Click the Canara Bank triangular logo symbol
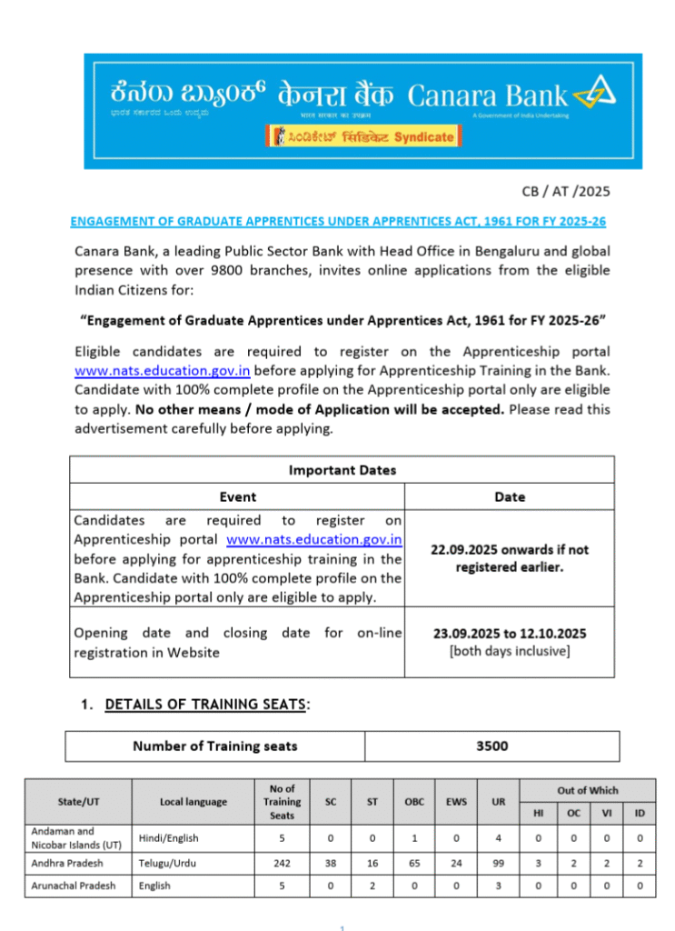click(594, 93)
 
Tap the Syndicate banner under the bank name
click(361, 136)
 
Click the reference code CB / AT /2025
click(565, 191)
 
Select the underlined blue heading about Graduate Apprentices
click(338, 221)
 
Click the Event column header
click(238, 496)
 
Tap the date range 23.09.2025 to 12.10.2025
click(510, 634)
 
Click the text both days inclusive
click(510, 651)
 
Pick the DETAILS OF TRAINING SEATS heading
click(206, 705)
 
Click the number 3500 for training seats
click(491, 746)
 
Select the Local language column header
click(194, 801)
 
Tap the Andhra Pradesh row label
click(66, 863)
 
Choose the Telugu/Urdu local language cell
click(169, 863)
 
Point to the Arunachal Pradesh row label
click(73, 886)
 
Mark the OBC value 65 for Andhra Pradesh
click(412, 863)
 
